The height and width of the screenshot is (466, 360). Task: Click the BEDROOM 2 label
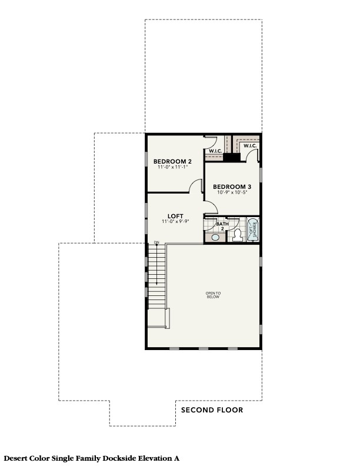point(172,161)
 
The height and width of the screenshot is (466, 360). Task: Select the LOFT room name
point(173,215)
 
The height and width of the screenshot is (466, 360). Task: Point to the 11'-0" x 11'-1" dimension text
point(172,168)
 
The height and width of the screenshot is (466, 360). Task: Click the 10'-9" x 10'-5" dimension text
point(231,192)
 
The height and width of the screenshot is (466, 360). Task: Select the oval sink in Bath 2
point(215,237)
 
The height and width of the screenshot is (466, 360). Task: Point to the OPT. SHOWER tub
point(253,229)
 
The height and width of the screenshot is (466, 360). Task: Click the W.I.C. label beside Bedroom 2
point(213,151)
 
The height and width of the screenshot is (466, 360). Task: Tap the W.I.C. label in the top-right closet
point(249,145)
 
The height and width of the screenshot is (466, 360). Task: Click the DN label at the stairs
point(156,242)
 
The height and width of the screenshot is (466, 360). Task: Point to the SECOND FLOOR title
point(212,410)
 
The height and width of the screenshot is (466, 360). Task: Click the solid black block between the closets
point(232,157)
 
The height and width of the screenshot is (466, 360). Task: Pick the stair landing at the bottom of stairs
point(157,318)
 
